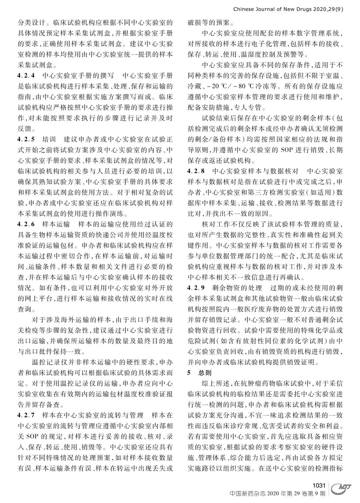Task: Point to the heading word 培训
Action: tap(49, 138)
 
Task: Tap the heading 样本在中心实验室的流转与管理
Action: tap(92, 415)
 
